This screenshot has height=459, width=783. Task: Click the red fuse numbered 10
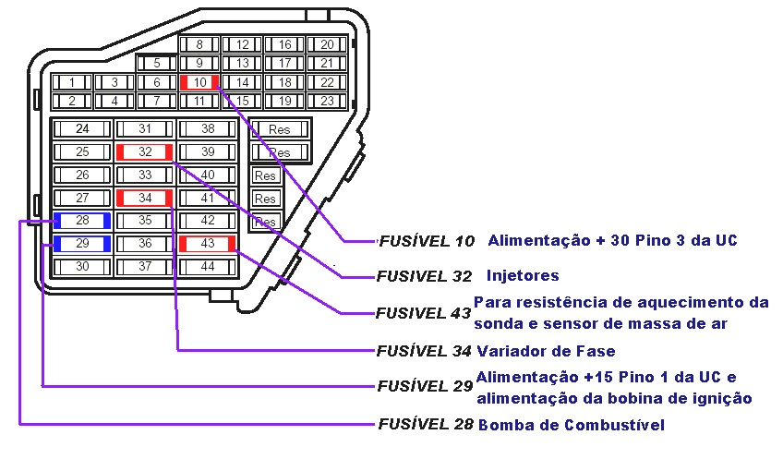pyautogui.click(x=199, y=82)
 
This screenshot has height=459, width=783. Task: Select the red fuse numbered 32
pyautogui.click(x=144, y=151)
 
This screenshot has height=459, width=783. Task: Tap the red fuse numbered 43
pyautogui.click(x=207, y=244)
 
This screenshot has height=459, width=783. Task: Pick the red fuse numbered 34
pyautogui.click(x=144, y=198)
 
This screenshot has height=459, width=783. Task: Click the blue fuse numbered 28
pyautogui.click(x=82, y=221)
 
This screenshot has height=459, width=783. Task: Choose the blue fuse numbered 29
pyautogui.click(x=82, y=244)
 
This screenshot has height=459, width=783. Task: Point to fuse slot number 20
pyautogui.click(x=327, y=44)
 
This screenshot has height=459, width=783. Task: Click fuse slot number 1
pyautogui.click(x=71, y=82)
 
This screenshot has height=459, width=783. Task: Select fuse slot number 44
pyautogui.click(x=207, y=266)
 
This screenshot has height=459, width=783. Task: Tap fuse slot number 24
pyautogui.click(x=82, y=128)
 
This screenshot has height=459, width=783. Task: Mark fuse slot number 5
pyautogui.click(x=157, y=64)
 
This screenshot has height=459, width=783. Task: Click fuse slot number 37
pyautogui.click(x=144, y=266)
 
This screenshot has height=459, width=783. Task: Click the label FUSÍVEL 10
pyautogui.click(x=427, y=241)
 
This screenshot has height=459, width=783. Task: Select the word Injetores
pyautogui.click(x=523, y=275)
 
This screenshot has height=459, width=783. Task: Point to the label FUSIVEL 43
pyautogui.click(x=424, y=312)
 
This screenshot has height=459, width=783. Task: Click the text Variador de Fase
pyautogui.click(x=546, y=351)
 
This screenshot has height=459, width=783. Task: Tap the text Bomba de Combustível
pyautogui.click(x=571, y=425)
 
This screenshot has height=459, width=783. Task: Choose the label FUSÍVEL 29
pyautogui.click(x=426, y=386)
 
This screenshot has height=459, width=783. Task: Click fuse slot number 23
pyautogui.click(x=327, y=101)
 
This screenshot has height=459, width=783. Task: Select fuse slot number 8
pyautogui.click(x=199, y=44)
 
